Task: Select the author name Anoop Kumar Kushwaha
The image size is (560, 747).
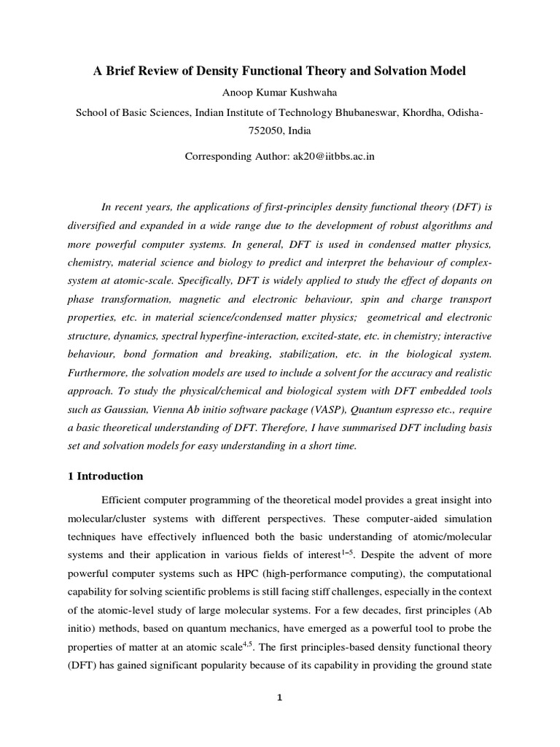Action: point(279,93)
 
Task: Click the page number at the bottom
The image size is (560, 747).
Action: point(279,697)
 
